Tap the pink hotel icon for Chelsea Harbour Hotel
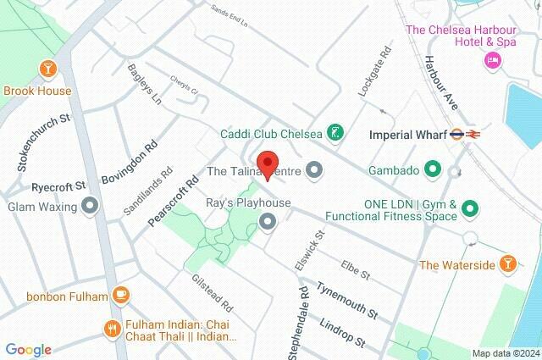(x=492, y=60)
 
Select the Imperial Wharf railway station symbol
(x=464, y=133)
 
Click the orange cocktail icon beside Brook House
(x=47, y=68)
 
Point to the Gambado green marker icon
(x=433, y=169)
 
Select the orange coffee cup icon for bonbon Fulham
(x=120, y=296)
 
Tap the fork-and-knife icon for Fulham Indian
(x=110, y=328)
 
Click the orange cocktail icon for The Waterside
(x=507, y=264)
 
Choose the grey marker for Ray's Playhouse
(x=268, y=222)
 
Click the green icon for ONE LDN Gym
(x=470, y=208)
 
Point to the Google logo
(x=28, y=349)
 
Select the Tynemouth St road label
(x=348, y=299)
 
